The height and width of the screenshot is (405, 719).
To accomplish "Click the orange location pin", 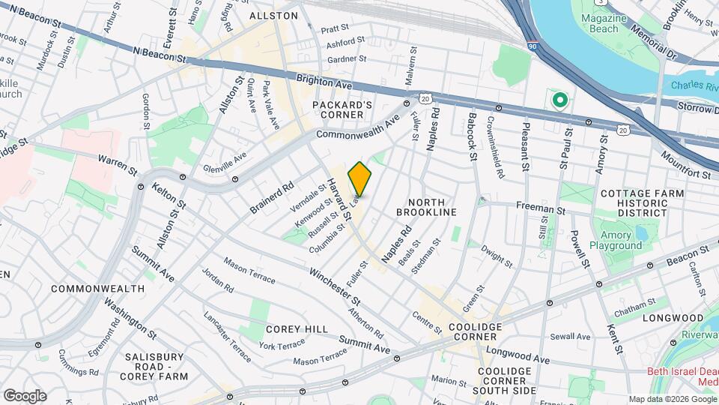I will coord(359,178).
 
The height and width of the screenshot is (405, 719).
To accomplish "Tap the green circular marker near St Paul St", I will coord(559,99).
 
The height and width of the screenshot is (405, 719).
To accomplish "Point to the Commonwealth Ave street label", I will coord(358,127).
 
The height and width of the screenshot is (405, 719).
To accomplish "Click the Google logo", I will coord(25,395).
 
